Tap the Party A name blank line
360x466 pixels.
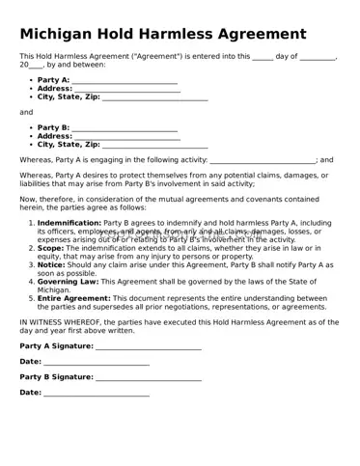125,80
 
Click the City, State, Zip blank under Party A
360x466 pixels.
154,97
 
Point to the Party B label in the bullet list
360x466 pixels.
53,127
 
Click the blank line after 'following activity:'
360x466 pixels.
262,160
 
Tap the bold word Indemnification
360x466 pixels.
69,224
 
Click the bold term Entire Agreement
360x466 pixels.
72,298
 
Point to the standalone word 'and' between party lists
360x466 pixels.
26,112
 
